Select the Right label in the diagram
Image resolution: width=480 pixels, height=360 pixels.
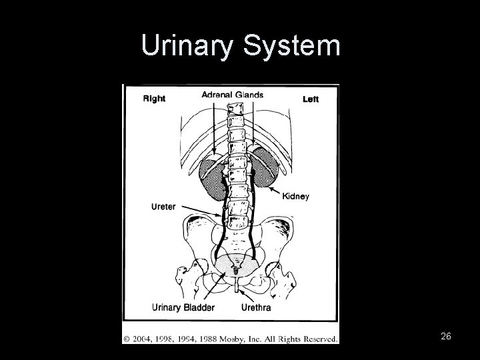coord(154,99)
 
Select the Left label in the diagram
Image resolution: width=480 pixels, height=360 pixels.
coord(311,99)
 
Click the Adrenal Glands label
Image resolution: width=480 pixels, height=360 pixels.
coord(232,95)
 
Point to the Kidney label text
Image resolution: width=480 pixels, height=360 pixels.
coord(295,197)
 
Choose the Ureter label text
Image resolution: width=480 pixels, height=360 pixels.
coord(163,207)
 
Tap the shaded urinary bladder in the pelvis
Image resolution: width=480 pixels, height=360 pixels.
coord(236,264)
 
